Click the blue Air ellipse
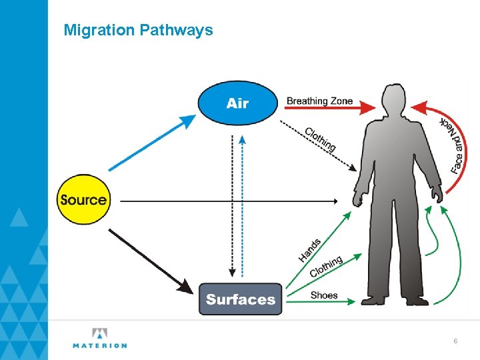(x=237, y=103)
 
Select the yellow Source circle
(x=83, y=199)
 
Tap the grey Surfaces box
(x=241, y=299)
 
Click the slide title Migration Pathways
(x=138, y=30)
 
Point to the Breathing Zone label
(x=319, y=101)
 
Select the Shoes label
(x=324, y=295)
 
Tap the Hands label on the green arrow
(x=310, y=249)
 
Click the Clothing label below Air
(x=320, y=139)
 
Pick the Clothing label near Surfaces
(x=326, y=267)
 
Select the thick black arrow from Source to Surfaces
(x=149, y=260)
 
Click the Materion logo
(x=99, y=338)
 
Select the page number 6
(x=455, y=341)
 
